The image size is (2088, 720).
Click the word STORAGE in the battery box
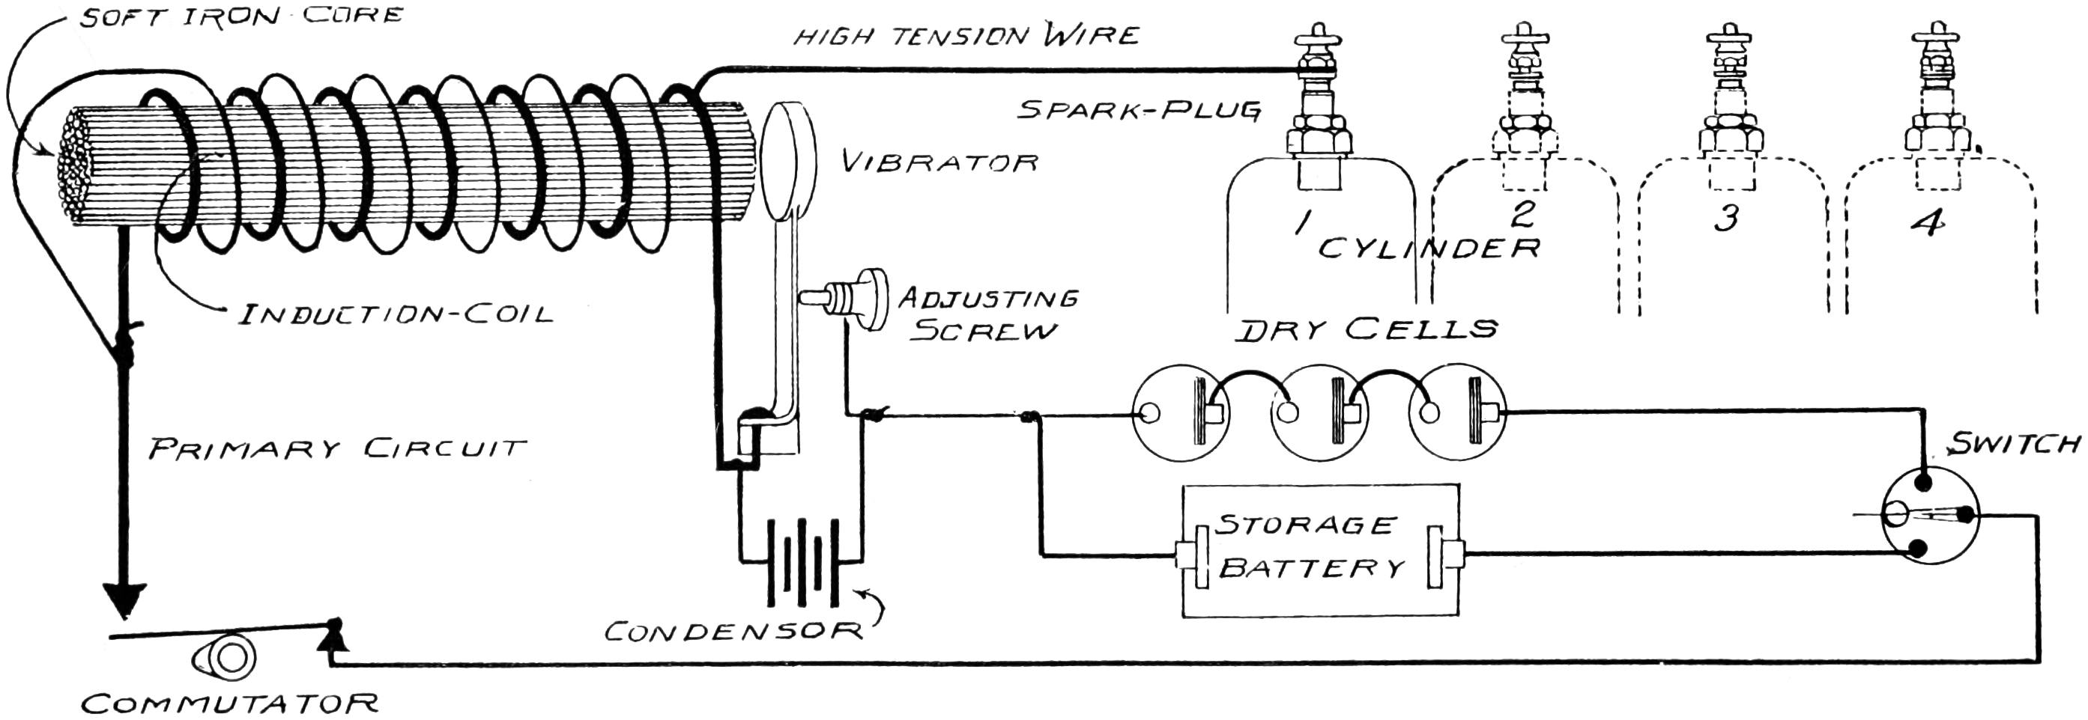[x=1307, y=525]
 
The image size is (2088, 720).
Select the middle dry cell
[x=1320, y=414]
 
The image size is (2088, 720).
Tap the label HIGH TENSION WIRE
[x=966, y=37]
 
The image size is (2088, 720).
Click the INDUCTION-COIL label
[x=395, y=314]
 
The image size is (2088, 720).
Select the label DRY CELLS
[x=1367, y=329]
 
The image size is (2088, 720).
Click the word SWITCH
[x=2015, y=444]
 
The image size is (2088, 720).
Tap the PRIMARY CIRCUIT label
[x=337, y=448]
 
